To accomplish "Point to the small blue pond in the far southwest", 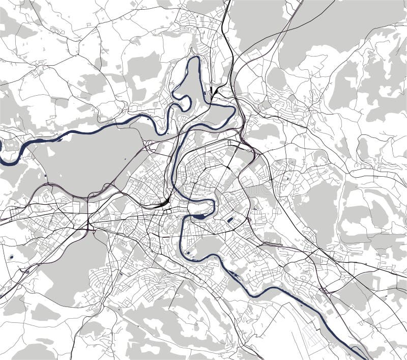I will click(x=11, y=257).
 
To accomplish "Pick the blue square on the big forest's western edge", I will click(x=46, y=176).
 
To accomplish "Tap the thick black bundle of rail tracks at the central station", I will click(x=162, y=204).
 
